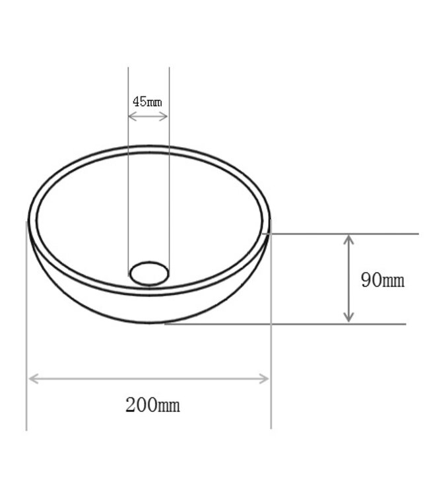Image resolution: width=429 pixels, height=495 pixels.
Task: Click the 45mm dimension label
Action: point(147,102)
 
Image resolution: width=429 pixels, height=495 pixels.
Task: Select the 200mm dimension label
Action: point(152,405)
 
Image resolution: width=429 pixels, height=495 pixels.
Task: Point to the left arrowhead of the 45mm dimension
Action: point(131,116)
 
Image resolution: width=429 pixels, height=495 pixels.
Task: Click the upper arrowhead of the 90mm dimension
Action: point(348,238)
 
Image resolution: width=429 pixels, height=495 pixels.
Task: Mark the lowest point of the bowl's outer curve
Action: point(150,323)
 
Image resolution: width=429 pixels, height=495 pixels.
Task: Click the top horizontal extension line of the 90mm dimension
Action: point(383,234)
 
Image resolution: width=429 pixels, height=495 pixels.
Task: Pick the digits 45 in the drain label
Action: point(139,102)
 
